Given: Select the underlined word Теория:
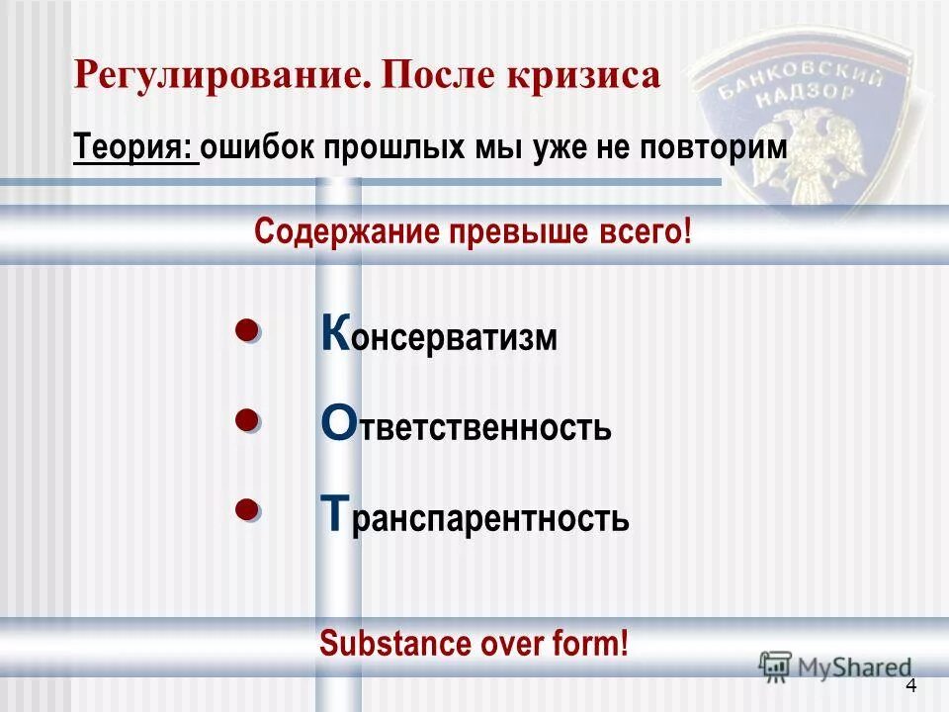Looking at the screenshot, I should [134, 149].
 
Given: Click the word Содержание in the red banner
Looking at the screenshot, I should [346, 233].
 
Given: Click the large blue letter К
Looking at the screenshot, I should [335, 334].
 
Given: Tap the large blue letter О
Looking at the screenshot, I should [336, 425].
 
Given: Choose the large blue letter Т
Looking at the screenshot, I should [335, 514].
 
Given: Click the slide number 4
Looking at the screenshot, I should [910, 687].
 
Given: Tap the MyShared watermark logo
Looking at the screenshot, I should [835, 667].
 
